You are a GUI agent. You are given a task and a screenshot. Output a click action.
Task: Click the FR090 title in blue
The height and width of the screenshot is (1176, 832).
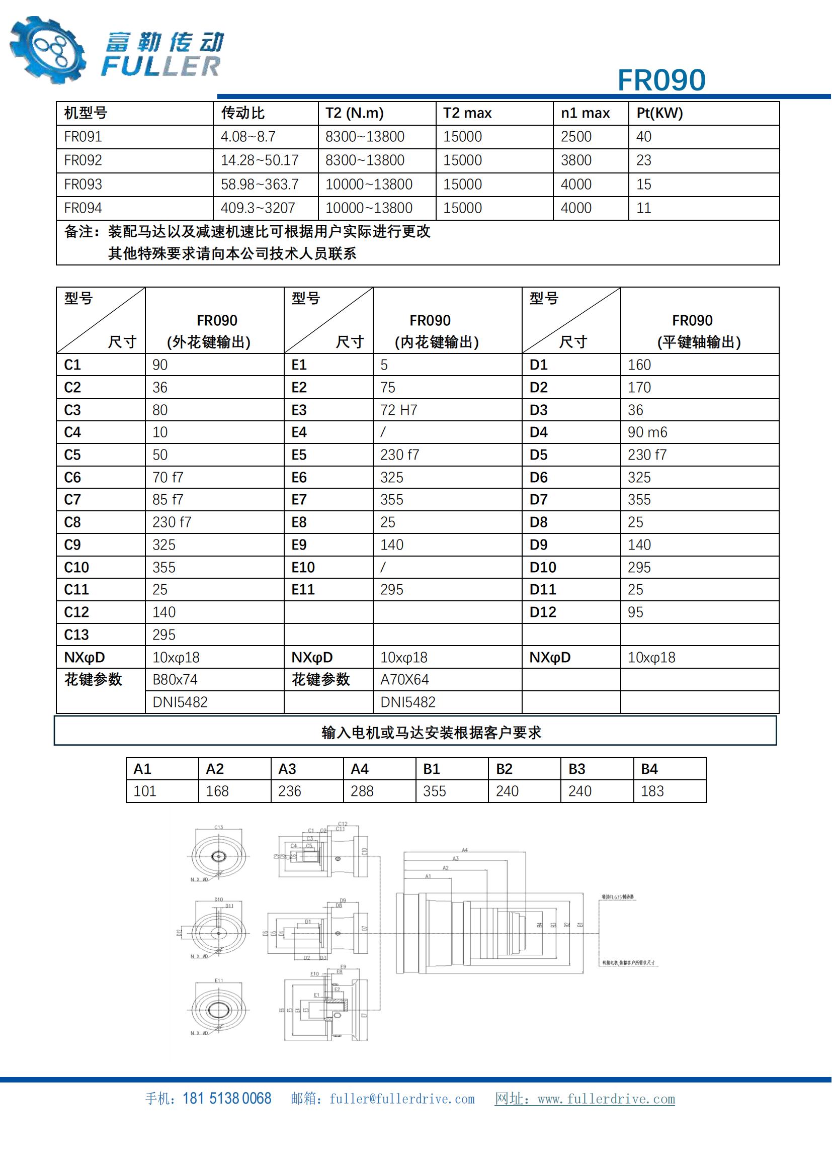point(661,80)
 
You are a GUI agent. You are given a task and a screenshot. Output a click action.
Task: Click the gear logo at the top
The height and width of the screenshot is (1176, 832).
point(48,50)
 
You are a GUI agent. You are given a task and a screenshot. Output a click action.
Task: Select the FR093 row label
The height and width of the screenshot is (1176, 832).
point(83,185)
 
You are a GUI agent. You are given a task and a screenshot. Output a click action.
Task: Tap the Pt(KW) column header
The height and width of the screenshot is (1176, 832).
point(659,113)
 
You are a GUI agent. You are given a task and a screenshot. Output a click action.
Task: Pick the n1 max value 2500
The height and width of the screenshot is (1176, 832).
point(576,137)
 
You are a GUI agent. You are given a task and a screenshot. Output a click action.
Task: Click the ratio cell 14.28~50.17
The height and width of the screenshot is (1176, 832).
point(259,160)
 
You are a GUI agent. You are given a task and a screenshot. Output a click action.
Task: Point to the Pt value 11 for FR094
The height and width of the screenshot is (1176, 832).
point(643,208)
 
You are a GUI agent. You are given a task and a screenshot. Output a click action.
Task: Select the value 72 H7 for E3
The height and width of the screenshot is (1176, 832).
point(398,410)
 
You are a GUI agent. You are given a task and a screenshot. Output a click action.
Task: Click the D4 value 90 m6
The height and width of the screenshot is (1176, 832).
point(647,432)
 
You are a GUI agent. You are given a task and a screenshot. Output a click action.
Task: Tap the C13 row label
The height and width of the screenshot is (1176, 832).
point(76,635)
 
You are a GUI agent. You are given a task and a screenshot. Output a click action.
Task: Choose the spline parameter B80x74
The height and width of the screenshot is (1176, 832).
point(175,680)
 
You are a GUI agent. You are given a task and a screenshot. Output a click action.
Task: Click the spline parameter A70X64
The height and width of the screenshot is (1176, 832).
point(404,680)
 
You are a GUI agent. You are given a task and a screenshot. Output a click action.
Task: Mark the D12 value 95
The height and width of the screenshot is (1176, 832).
point(635,612)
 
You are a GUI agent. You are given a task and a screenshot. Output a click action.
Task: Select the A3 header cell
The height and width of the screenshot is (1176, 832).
point(287,769)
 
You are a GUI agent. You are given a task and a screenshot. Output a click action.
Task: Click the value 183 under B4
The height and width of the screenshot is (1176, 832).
point(652,791)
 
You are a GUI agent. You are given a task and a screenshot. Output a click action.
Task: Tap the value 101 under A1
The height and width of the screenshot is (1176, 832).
point(144,791)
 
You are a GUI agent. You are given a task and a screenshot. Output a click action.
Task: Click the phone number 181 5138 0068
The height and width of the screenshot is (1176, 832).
point(226,1099)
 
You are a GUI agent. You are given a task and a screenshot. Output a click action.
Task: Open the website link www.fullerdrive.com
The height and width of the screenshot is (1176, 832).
point(606,1099)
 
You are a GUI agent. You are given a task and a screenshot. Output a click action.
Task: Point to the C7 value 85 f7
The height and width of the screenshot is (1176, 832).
point(168,499)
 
